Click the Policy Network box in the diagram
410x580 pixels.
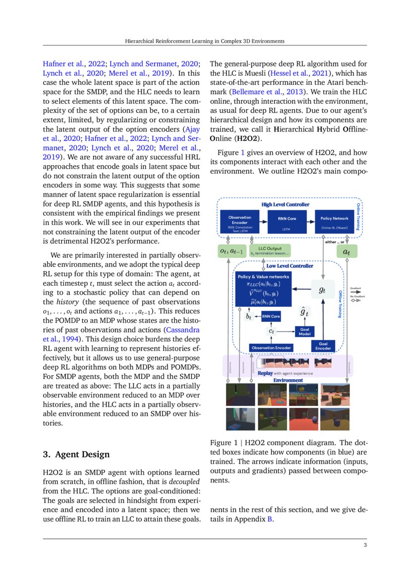[x=334, y=221]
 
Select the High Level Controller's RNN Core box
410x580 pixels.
[x=287, y=221]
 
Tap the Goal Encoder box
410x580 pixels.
[x=323, y=346]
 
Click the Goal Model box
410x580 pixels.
[x=303, y=331]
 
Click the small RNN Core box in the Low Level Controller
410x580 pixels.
[x=271, y=316]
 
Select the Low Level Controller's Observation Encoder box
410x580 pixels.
[x=271, y=348]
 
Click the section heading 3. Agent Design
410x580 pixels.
[x=76, y=454]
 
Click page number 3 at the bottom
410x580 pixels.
[x=365, y=546]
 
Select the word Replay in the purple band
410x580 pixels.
[x=265, y=373]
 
